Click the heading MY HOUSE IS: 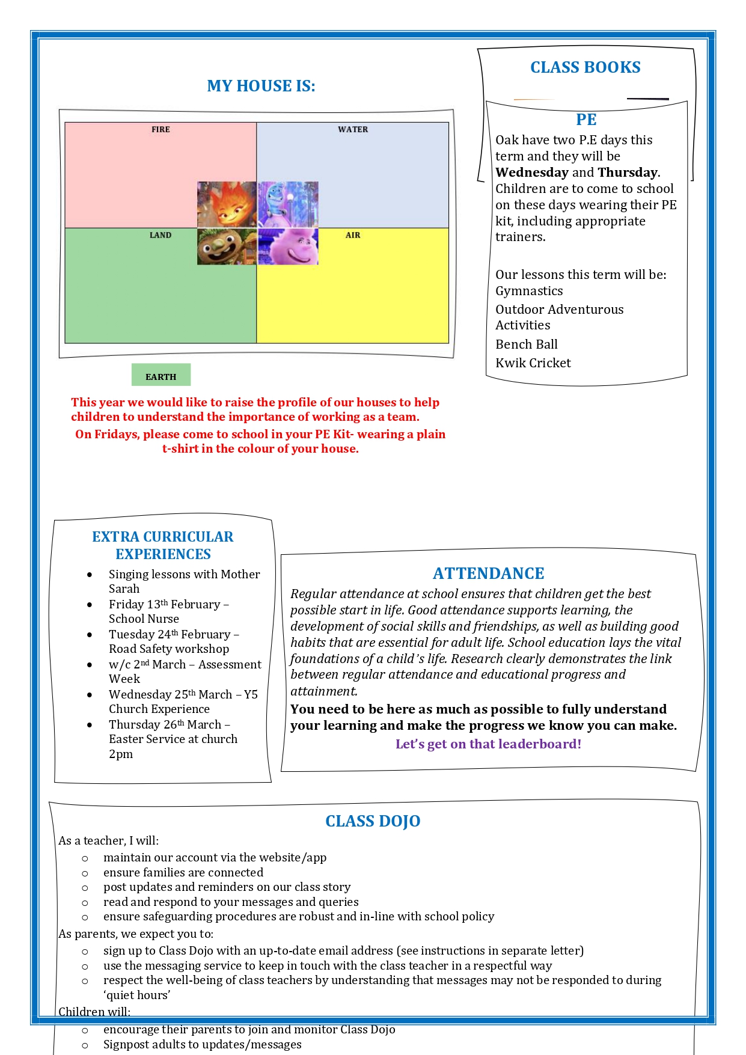[x=261, y=86]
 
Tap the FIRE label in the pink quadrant [x=161, y=129]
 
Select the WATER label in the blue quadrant [x=353, y=129]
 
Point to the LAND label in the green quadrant [x=161, y=235]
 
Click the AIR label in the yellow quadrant [x=353, y=235]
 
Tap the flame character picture [x=227, y=204]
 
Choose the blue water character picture [x=288, y=204]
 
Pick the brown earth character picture [x=227, y=246]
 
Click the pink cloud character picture [x=288, y=246]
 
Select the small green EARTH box [x=161, y=375]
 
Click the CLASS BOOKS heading [x=585, y=67]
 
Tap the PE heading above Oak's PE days [x=586, y=120]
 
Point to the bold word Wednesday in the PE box [x=531, y=173]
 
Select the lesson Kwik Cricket [x=533, y=363]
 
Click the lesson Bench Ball [x=527, y=344]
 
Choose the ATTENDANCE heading [x=488, y=573]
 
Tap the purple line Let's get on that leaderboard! [x=488, y=744]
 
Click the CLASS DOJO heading [x=373, y=821]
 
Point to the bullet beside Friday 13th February [x=90, y=605]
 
